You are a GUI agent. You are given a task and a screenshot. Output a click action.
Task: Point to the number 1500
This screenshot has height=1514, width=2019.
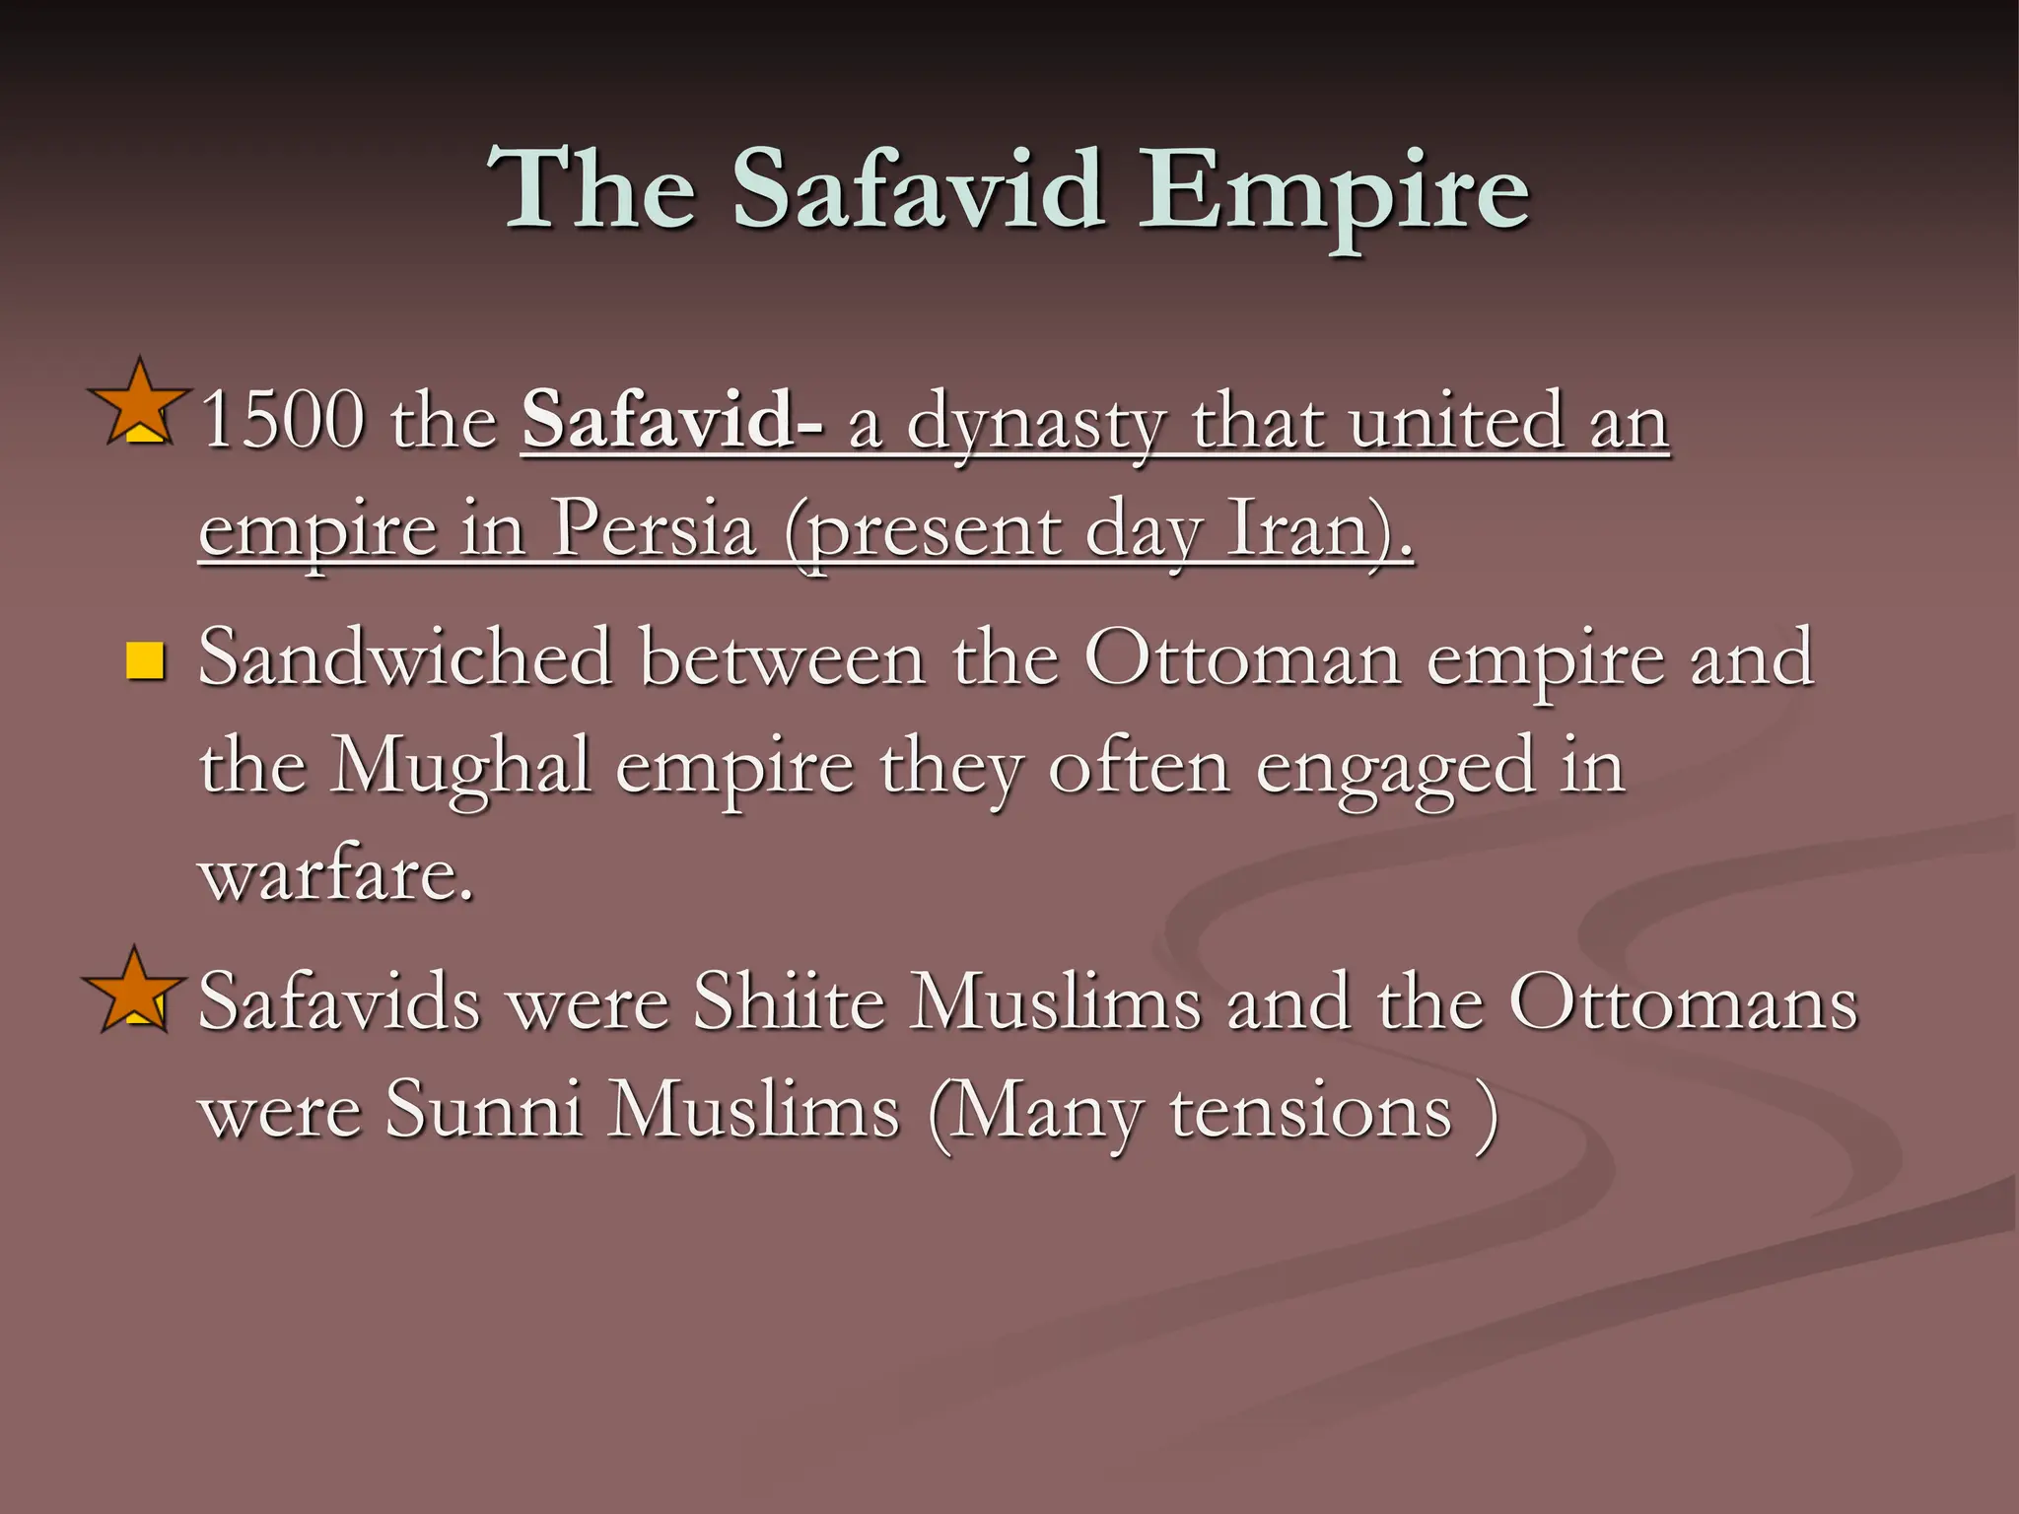[x=282, y=420]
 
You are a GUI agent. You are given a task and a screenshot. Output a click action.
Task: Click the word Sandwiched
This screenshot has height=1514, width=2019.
[x=405, y=657]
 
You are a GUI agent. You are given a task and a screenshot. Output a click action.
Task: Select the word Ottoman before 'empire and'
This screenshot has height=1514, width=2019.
[x=1242, y=657]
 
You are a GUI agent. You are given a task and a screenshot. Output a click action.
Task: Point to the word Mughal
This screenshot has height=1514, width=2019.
[x=460, y=768]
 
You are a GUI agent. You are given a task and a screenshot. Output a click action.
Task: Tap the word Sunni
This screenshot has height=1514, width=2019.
[x=483, y=1111]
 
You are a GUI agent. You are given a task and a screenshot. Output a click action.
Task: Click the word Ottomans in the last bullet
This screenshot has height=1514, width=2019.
[x=1683, y=1002]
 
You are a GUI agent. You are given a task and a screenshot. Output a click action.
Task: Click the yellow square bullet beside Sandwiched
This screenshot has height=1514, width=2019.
[x=145, y=661]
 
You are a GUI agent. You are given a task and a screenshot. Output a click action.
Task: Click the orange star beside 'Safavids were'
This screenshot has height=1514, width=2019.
[x=133, y=989]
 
